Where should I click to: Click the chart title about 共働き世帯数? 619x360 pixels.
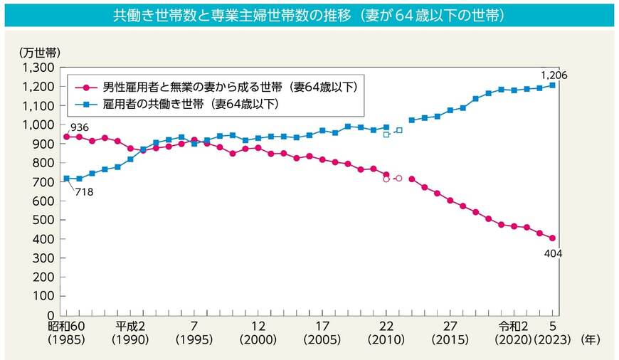(x=309, y=15)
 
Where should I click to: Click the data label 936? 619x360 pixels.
(x=78, y=126)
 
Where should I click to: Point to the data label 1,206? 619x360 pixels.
(x=554, y=75)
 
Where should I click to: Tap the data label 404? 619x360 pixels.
(x=553, y=253)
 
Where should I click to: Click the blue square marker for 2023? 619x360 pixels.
(x=553, y=85)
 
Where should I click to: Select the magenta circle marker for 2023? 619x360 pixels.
(x=553, y=238)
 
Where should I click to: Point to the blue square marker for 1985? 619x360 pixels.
(x=66, y=179)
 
